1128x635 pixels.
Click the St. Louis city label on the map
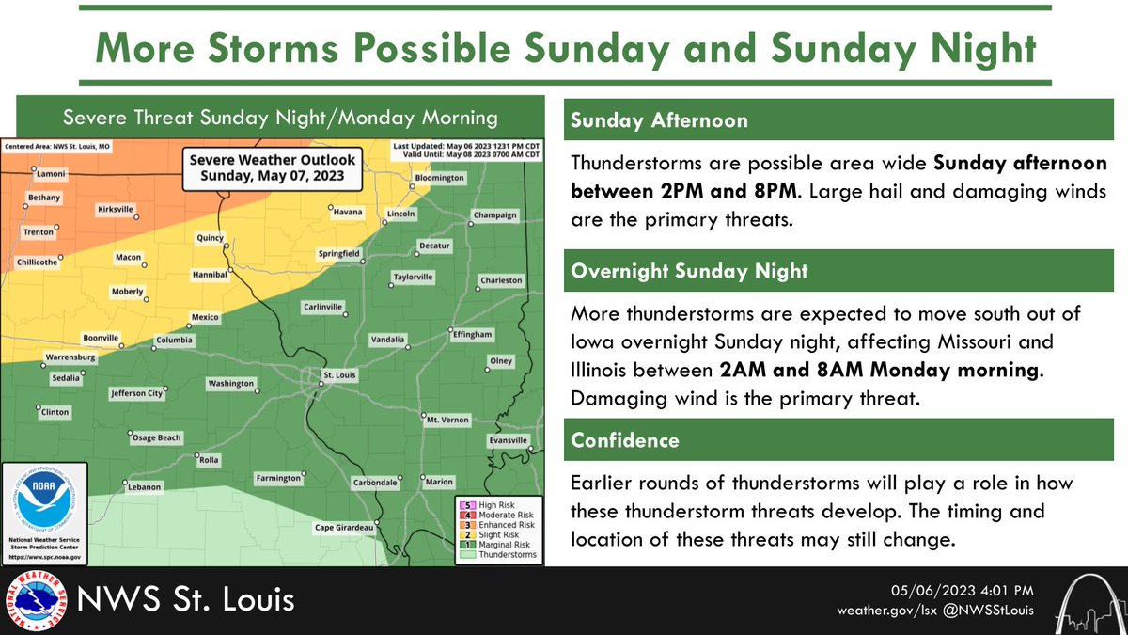click(x=337, y=374)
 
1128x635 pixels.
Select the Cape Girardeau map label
click(x=344, y=527)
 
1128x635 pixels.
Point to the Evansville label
click(x=509, y=440)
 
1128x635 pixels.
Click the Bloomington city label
click(x=440, y=178)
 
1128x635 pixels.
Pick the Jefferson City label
click(x=137, y=394)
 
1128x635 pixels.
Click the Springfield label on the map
click(x=338, y=254)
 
